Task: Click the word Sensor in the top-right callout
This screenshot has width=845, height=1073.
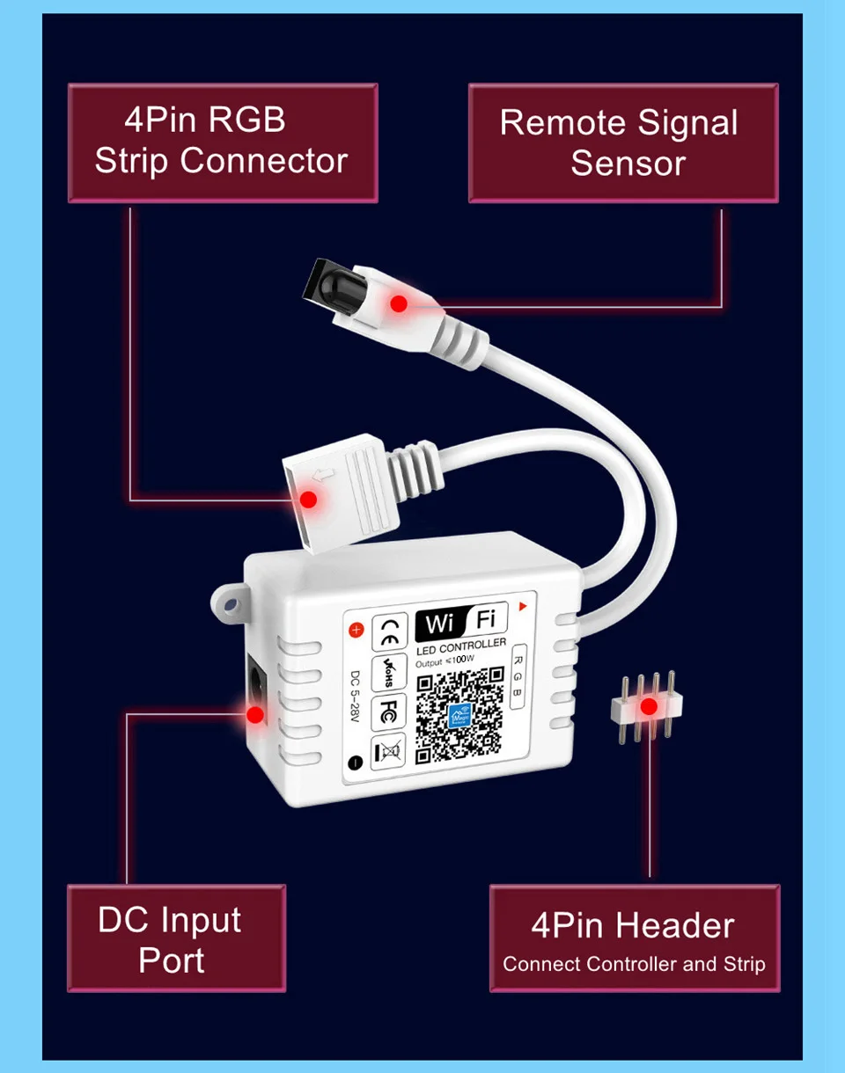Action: pos(628,164)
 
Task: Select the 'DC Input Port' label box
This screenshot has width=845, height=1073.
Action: pos(177,938)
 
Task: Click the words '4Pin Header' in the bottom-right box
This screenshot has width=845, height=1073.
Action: pos(632,925)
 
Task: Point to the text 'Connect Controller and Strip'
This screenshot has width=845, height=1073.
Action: pos(634,964)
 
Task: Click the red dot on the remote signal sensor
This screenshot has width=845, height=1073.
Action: pos(399,303)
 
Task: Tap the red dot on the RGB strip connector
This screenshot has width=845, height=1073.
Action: pos(308,499)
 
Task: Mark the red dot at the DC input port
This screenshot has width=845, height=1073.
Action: pos(255,714)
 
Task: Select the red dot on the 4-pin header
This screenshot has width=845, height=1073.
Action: pos(650,706)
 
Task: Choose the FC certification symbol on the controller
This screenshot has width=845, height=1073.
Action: pos(388,713)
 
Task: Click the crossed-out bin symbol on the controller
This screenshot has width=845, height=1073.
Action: pos(388,752)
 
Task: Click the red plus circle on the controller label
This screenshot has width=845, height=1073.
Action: pos(356,630)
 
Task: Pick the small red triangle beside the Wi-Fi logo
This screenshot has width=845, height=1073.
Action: pos(522,606)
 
